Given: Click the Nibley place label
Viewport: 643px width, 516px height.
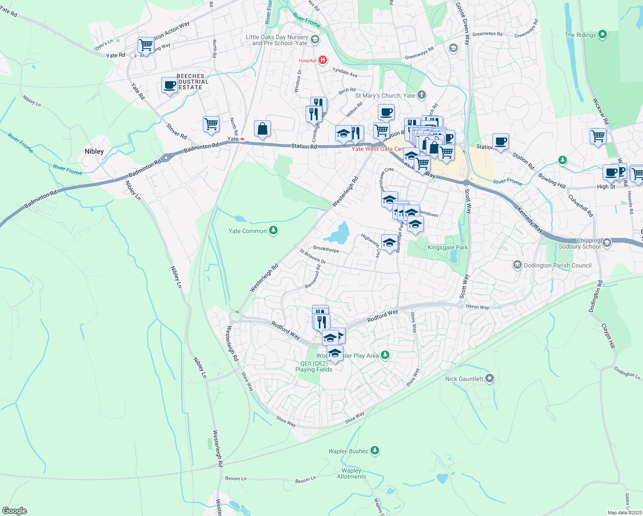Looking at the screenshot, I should pos(94,151).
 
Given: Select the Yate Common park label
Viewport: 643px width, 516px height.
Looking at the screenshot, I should pos(248,231).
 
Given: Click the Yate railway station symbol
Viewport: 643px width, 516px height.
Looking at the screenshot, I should pos(242,139).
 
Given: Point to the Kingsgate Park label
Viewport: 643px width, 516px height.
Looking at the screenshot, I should pos(447,247).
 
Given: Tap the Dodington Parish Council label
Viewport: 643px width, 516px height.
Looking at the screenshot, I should pos(557,265).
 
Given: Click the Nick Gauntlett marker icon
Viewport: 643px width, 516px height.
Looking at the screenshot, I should pos(490,379).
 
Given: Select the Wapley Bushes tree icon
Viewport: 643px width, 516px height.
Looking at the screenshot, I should pos(375,450).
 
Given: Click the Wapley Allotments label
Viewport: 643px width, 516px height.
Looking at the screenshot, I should pos(352,473).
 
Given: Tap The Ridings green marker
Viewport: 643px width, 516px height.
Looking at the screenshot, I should pos(602,34).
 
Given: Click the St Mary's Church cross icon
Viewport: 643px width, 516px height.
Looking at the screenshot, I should pos(422,95).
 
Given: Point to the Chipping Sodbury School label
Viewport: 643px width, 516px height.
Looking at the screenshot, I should pos(579,244).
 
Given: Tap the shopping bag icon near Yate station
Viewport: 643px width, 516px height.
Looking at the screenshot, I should pos(262,129).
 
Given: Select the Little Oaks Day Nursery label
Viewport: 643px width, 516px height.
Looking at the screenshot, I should pos(277,40).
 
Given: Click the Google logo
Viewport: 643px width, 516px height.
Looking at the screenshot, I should pos(14,510).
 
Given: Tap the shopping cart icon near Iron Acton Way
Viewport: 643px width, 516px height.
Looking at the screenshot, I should pos(146,44).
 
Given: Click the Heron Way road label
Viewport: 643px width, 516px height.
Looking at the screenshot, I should pos(478,307).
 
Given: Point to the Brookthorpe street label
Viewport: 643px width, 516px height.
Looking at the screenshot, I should pos(326,249).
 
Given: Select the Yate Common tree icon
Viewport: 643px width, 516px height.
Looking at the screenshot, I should pos(273,231).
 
